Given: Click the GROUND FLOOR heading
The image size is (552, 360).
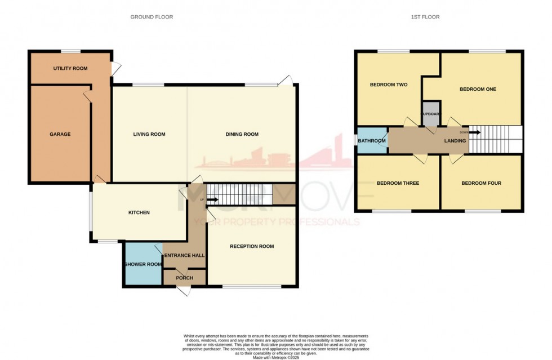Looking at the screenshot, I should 152,17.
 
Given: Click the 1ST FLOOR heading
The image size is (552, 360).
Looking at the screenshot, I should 425,17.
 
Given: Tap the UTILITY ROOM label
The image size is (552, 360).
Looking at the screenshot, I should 70,68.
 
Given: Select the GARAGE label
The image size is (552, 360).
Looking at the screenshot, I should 60,134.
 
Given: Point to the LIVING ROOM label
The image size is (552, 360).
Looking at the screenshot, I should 149,134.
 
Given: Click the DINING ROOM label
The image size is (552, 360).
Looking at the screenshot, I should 242,134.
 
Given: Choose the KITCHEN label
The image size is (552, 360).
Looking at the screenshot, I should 139,212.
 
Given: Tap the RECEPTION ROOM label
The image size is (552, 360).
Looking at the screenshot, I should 252,246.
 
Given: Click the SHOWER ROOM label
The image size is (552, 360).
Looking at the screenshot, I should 143,264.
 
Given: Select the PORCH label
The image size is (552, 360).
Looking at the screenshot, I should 184,278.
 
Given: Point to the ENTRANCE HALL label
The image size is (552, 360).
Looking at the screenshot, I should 184,255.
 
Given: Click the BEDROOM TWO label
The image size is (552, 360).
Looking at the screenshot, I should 388,85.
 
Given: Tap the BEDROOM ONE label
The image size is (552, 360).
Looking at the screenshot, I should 478,89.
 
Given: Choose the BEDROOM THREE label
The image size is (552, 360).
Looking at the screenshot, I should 398,183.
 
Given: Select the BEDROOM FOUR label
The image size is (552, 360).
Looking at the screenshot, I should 481,183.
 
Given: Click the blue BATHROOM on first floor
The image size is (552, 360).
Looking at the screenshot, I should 371,140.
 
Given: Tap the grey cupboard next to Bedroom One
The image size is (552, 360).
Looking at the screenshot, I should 431,113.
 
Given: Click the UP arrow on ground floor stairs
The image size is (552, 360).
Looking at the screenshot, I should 211,199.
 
